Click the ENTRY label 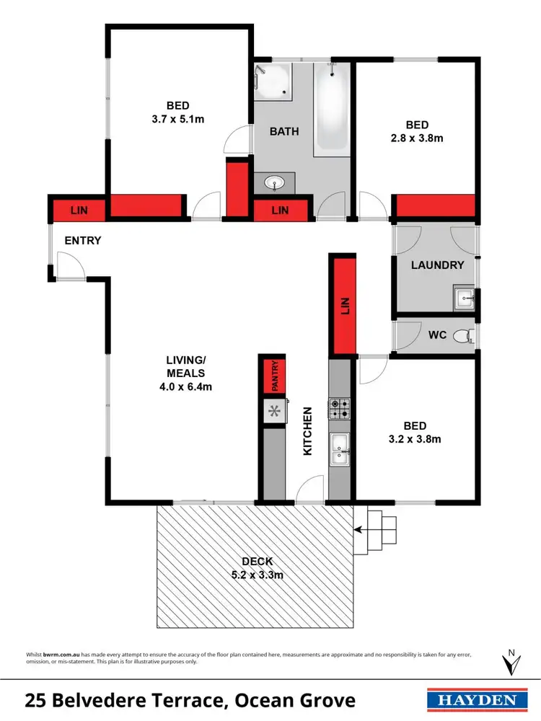click(x=82, y=241)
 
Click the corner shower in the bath click(x=273, y=80)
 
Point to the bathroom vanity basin click(x=275, y=183)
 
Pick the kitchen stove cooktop click(x=339, y=409)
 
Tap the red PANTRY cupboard click(x=275, y=376)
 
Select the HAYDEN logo click(x=473, y=699)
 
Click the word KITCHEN click(x=307, y=430)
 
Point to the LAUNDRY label click(x=437, y=265)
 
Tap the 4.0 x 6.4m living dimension click(x=186, y=386)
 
